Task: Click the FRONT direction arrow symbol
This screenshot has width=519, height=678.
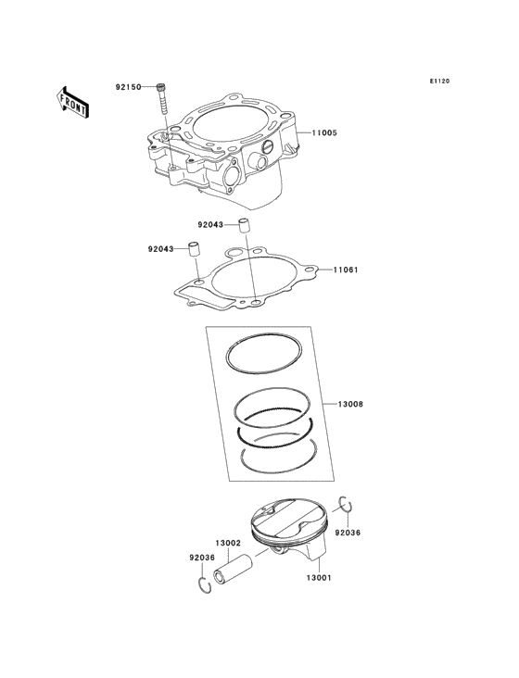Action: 72,101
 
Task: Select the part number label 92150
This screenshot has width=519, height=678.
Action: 128,87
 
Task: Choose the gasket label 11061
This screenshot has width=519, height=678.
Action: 346,270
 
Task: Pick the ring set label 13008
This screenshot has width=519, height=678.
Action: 349,405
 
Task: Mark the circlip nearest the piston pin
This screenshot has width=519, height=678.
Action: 203,584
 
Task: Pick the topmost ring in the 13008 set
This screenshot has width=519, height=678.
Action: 265,349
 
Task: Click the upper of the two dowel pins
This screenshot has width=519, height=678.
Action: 244,224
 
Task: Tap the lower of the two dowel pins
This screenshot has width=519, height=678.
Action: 196,248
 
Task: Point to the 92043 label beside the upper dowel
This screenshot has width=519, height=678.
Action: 209,224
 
